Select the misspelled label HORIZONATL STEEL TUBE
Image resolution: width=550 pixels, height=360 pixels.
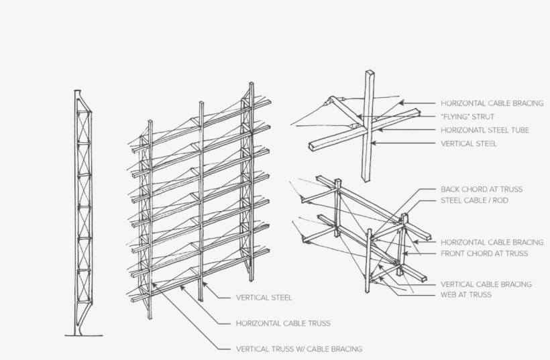point(485,130)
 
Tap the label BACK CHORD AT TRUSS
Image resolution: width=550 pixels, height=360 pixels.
point(482,190)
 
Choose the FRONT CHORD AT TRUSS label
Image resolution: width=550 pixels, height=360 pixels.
point(484,253)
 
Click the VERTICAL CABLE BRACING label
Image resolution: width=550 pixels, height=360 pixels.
point(486,284)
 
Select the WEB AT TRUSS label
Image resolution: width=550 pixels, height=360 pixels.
point(465,294)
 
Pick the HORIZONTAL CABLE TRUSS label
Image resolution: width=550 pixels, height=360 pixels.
point(283,323)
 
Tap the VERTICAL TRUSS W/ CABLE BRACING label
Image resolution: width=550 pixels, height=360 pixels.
point(299,349)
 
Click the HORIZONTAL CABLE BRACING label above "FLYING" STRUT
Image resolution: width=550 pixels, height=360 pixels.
point(492,103)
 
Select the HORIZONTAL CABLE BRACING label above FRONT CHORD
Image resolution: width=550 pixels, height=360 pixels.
point(492,242)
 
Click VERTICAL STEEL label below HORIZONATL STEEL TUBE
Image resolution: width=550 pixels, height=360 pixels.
point(469,143)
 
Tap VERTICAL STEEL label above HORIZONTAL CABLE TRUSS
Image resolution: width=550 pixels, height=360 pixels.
point(264,297)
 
